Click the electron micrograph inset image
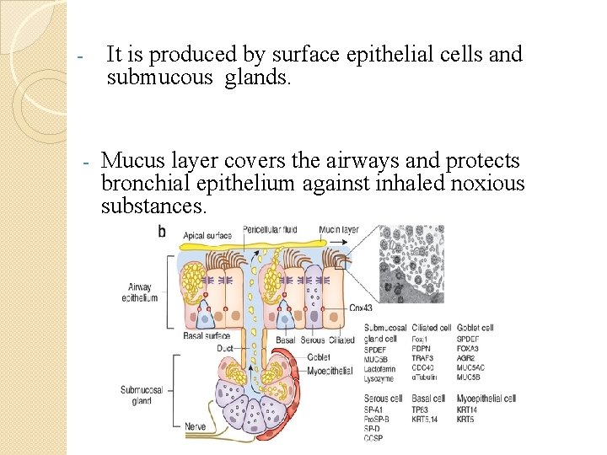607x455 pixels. [x=411, y=262]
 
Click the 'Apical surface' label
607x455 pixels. [x=206, y=235]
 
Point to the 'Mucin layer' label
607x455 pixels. [x=338, y=229]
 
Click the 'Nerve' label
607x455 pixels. [x=196, y=427]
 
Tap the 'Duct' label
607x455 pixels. [x=224, y=347]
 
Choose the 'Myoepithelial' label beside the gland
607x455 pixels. [x=330, y=371]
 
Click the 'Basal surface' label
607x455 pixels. [x=206, y=336]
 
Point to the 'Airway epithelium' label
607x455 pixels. [x=139, y=292]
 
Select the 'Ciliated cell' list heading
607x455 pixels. [x=432, y=328]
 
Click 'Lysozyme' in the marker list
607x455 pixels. [x=379, y=378]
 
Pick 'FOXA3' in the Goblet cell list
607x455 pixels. [x=469, y=348]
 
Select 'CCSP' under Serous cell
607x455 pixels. [x=374, y=438]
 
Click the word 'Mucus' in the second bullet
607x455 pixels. [x=127, y=161]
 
